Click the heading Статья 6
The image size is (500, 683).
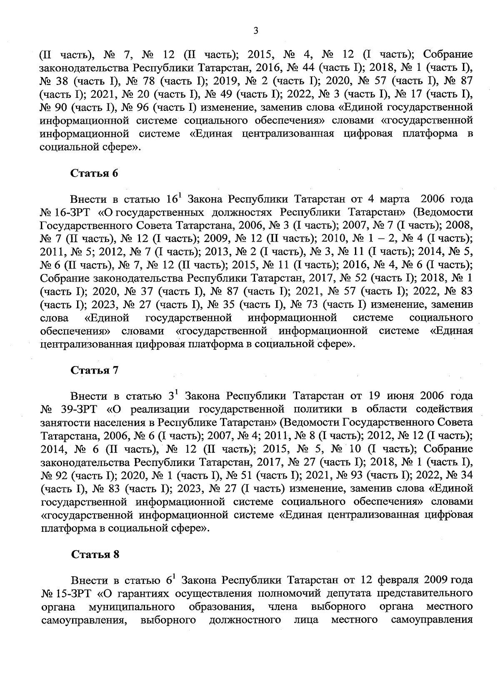(x=95, y=173)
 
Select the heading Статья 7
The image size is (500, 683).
(x=95, y=370)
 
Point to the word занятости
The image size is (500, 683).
(x=65, y=423)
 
